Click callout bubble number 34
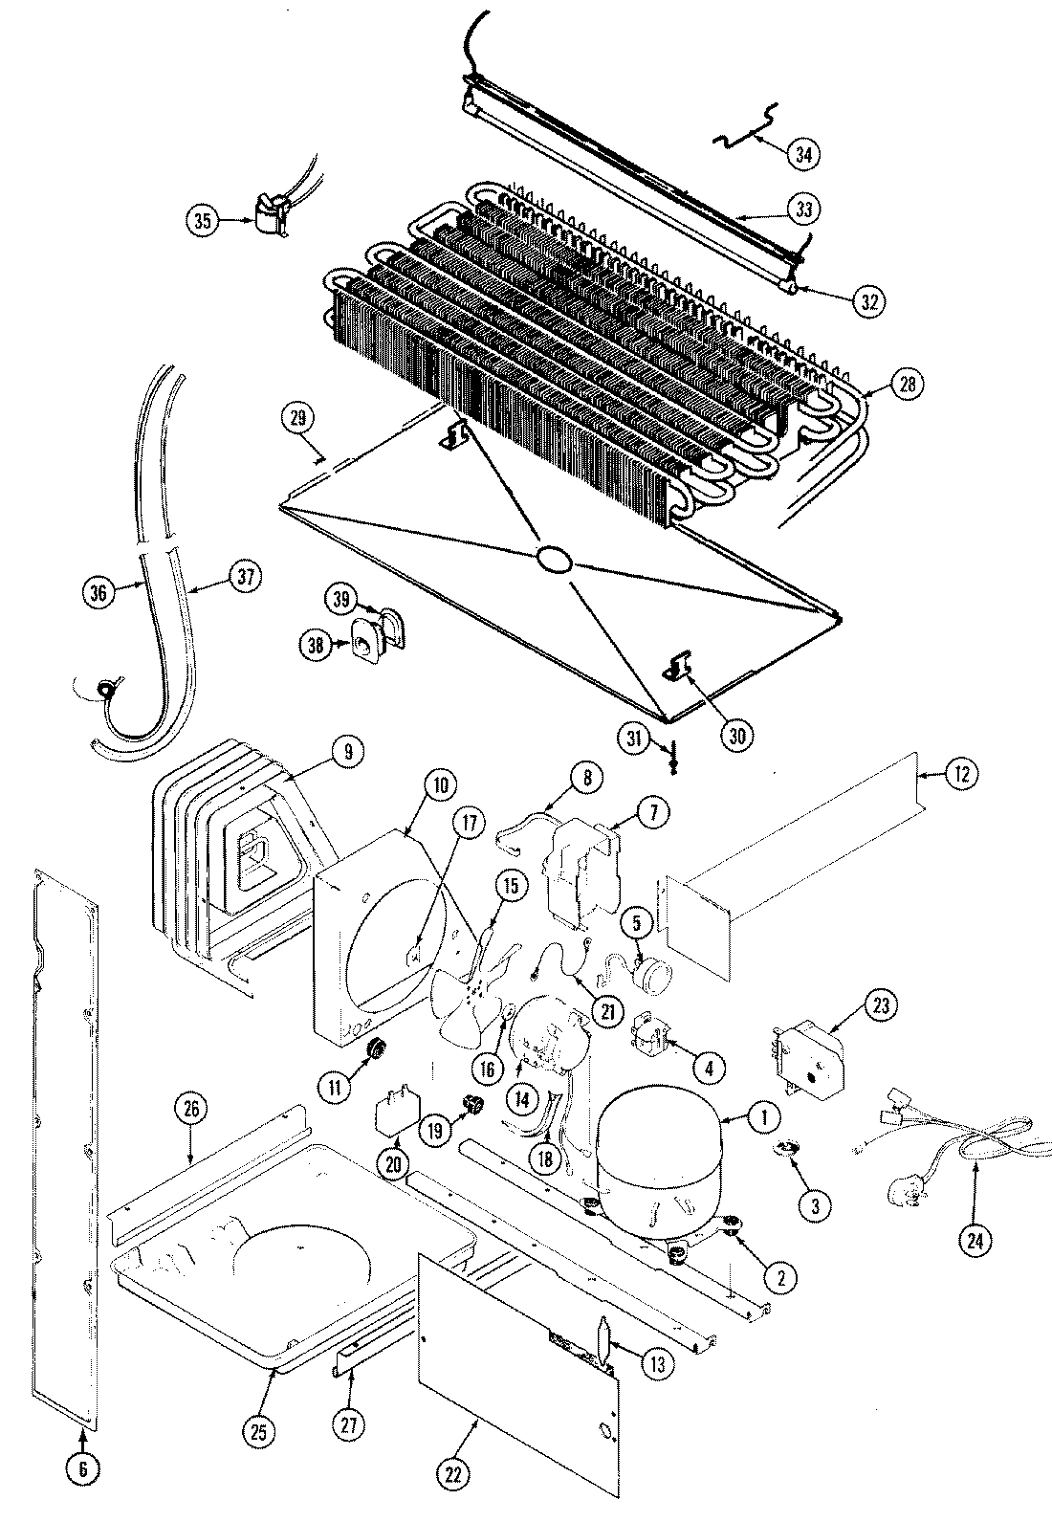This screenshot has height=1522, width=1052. coord(806,153)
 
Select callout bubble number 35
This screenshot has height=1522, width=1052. coord(201,221)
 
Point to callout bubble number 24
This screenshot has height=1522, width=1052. coord(975,1241)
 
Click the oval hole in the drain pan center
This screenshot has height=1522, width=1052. coord(554,562)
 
